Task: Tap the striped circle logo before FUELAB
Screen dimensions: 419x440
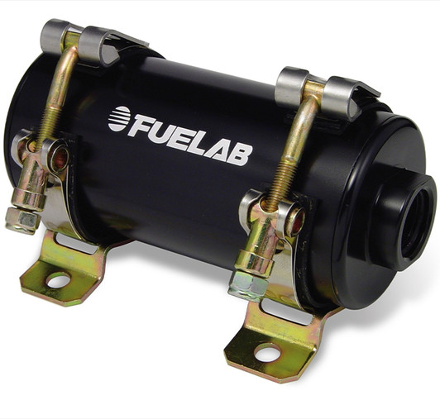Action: tap(118, 118)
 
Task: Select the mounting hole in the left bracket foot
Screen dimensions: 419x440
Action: tap(58, 280)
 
